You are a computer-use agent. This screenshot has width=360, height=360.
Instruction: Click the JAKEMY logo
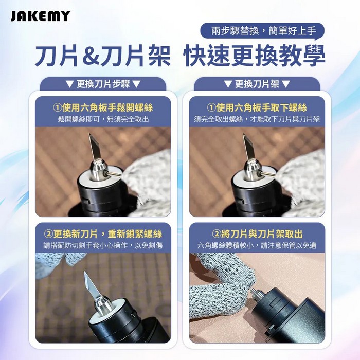40,16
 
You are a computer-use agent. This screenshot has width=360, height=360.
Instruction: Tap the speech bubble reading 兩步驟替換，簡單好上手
262,31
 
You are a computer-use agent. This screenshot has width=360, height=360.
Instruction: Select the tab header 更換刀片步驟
103,84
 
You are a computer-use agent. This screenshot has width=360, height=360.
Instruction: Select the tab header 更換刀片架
257,84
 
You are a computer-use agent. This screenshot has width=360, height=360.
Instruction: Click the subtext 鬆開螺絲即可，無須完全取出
103,119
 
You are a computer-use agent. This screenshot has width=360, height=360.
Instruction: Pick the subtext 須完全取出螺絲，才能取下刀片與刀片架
257,119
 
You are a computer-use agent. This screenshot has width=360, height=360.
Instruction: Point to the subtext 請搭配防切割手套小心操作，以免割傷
103,245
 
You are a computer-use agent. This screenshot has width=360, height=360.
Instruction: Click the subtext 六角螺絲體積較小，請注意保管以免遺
257,245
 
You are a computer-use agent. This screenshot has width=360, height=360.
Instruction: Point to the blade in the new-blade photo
92,285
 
